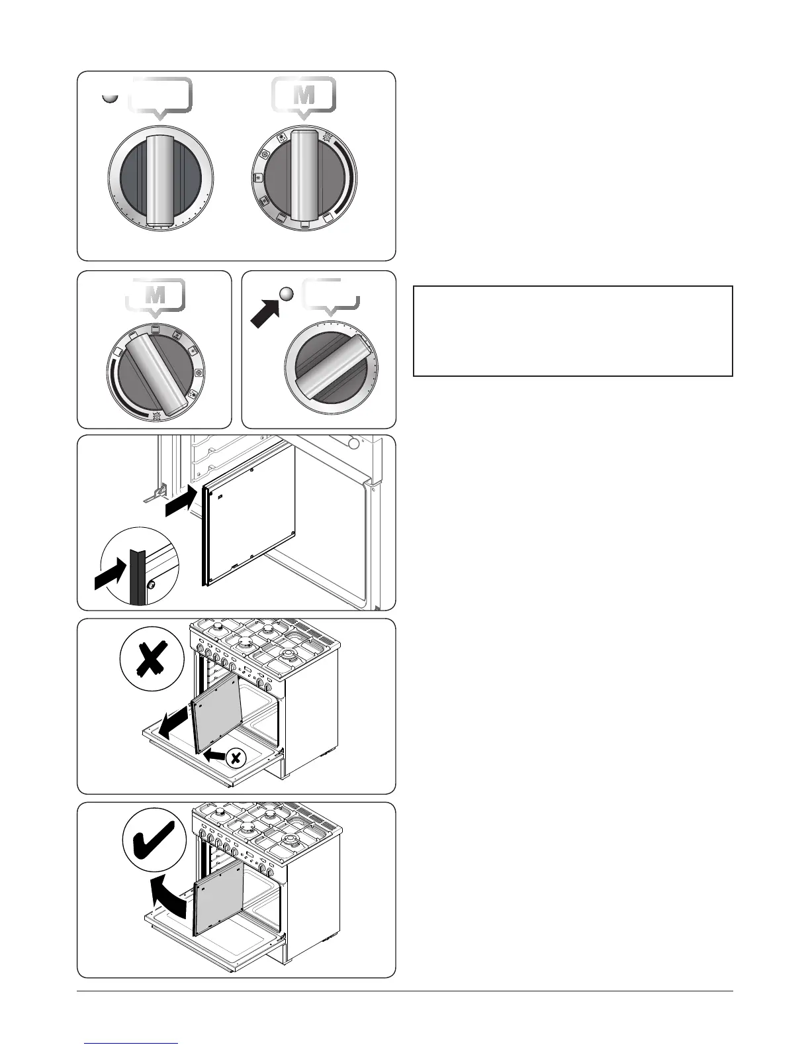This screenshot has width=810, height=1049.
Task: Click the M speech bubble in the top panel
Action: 304,95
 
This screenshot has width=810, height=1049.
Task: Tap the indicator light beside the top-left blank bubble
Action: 111,97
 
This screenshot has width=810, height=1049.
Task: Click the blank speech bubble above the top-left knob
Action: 160,95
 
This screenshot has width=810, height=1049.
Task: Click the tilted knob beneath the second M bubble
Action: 155,374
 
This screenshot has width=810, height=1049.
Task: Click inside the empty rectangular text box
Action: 572,331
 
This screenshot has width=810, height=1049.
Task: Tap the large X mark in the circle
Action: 152,659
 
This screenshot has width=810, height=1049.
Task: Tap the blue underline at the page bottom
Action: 132,1044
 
